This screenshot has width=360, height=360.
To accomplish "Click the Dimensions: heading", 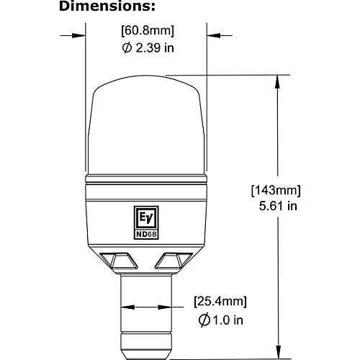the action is pyautogui.click(x=107, y=6).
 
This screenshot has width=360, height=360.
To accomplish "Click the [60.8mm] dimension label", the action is pyautogui.click(x=148, y=31).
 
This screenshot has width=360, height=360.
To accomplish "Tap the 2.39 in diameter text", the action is pyautogui.click(x=155, y=48).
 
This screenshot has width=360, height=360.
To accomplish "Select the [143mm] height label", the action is pyautogui.click(x=276, y=191).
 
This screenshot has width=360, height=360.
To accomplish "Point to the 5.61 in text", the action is pyautogui.click(x=278, y=206).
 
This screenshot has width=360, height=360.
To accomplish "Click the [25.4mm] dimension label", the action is pyautogui.click(x=220, y=302).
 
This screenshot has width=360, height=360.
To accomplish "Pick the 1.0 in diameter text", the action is pyautogui.click(x=228, y=320).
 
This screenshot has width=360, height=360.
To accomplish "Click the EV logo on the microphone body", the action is pyautogui.click(x=146, y=218).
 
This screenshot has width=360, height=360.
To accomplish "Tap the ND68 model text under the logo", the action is pyautogui.click(x=146, y=234).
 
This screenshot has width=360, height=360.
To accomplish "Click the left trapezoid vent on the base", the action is pyautogui.click(x=119, y=261).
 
